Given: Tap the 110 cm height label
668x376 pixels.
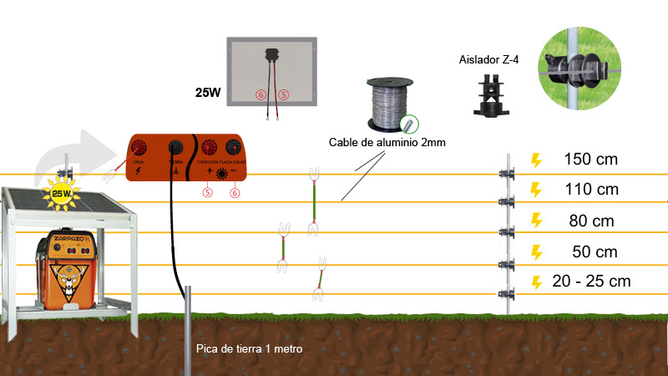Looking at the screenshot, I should coord(591,190).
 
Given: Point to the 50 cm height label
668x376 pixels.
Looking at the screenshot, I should coord(595,252).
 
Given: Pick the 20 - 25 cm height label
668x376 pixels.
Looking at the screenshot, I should coord(591,281).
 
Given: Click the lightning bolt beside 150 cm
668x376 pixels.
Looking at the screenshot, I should coord(537,159).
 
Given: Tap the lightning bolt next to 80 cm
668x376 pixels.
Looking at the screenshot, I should coord(537,221).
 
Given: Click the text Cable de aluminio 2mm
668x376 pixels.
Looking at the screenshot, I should coord(387,143).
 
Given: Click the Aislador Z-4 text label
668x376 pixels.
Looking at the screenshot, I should coord(488,60).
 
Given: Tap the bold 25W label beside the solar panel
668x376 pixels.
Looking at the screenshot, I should coord(208,92).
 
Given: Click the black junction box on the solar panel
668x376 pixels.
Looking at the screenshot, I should coord(271,55).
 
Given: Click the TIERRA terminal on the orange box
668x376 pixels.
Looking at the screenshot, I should coord(176,149).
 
